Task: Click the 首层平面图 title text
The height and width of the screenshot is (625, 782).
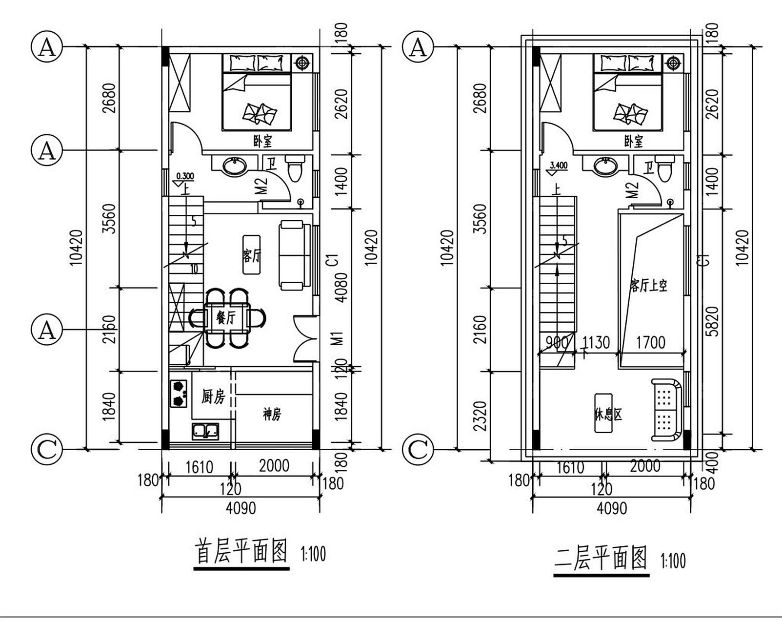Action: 241,552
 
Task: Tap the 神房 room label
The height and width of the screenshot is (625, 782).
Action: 272,415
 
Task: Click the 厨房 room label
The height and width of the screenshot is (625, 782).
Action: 213,396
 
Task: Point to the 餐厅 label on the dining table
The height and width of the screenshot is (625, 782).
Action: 226,318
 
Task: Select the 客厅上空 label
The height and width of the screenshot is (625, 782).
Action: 648,285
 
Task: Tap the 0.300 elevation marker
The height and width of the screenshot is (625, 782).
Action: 184,176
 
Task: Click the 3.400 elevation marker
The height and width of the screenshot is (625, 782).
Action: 558,166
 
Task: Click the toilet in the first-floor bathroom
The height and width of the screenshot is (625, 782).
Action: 295,169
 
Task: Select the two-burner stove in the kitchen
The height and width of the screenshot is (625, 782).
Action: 179,394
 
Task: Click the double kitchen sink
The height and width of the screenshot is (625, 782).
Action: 205,432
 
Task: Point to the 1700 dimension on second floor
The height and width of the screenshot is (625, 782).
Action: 650,343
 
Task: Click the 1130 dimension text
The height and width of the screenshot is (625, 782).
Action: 596,343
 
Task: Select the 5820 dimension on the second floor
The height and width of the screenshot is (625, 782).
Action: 713,321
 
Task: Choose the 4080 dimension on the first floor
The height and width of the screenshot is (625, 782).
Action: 341,287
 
